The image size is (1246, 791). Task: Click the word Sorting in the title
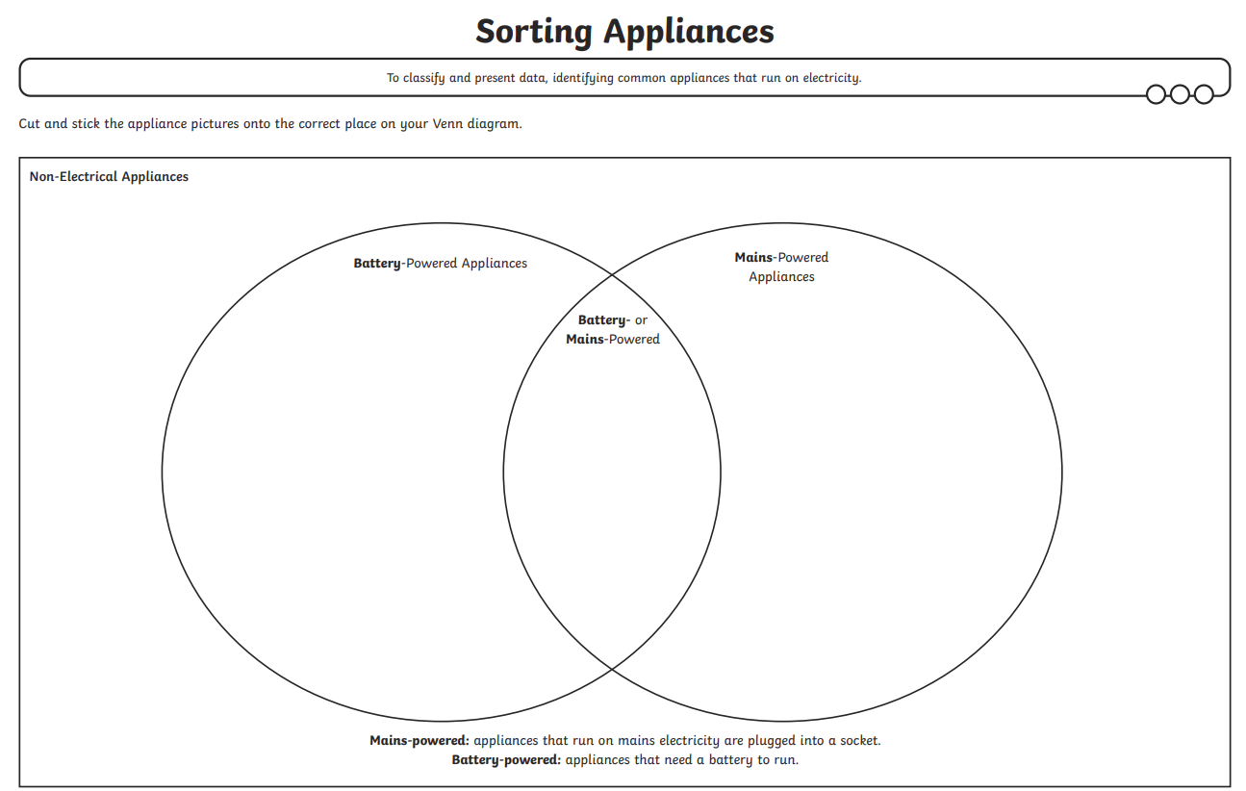[535, 31]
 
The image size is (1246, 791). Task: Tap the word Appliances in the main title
[688, 31]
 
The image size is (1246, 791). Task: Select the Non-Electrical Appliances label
[109, 177]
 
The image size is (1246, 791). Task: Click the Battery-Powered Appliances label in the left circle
[440, 264]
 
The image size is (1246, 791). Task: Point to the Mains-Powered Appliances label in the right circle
[781, 267]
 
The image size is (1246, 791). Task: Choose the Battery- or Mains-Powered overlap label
[613, 329]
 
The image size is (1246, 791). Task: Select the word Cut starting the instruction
[30, 124]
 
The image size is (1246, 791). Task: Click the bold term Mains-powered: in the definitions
[420, 741]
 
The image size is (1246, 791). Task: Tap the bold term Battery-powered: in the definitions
[506, 760]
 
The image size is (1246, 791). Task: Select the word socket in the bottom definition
[859, 741]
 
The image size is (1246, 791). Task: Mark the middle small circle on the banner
[1180, 94]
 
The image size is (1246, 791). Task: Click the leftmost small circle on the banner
[1157, 94]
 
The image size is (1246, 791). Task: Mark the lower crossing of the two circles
[612, 668]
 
